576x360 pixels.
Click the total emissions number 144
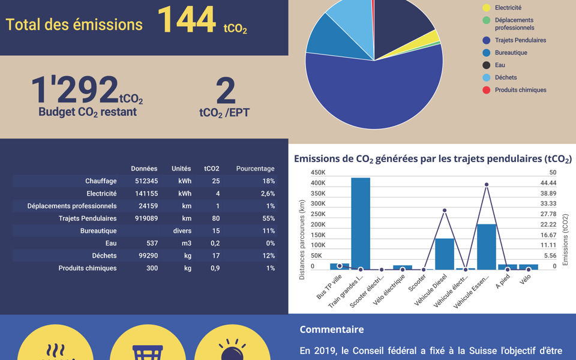(186, 20)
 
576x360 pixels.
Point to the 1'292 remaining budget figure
(75, 89)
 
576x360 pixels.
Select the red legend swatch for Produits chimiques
(487, 90)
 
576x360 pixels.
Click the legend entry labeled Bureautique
(511, 53)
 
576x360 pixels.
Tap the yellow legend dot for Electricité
(487, 8)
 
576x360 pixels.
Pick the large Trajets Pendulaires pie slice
(378, 90)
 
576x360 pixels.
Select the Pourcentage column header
(255, 169)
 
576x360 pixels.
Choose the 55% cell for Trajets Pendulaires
(268, 218)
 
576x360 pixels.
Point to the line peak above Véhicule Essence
(487, 185)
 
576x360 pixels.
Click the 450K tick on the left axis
(317, 173)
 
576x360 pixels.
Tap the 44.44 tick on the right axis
(548, 183)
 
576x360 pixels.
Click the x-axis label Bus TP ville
(329, 287)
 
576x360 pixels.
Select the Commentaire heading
(331, 329)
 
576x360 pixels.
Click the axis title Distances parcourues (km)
(302, 240)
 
